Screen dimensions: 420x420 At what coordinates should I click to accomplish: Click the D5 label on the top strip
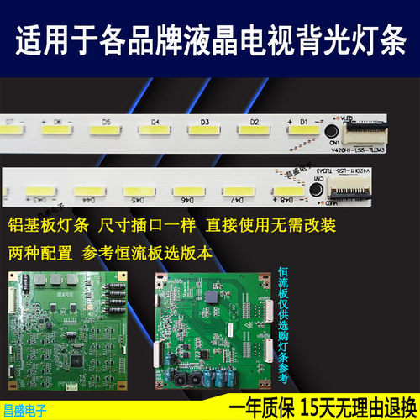click(106, 121)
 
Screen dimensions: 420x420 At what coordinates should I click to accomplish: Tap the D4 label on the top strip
click(155, 121)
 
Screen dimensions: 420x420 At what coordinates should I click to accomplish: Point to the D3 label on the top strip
click(204, 121)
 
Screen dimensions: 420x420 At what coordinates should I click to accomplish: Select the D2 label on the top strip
click(253, 121)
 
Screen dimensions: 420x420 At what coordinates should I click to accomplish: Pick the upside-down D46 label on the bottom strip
click(185, 200)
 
